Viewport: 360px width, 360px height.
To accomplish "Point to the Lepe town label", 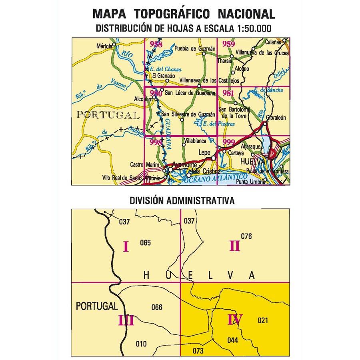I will (204, 152).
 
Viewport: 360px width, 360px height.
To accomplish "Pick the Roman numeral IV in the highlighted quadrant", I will (235, 320).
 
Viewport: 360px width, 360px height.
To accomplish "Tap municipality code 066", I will (157, 307).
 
